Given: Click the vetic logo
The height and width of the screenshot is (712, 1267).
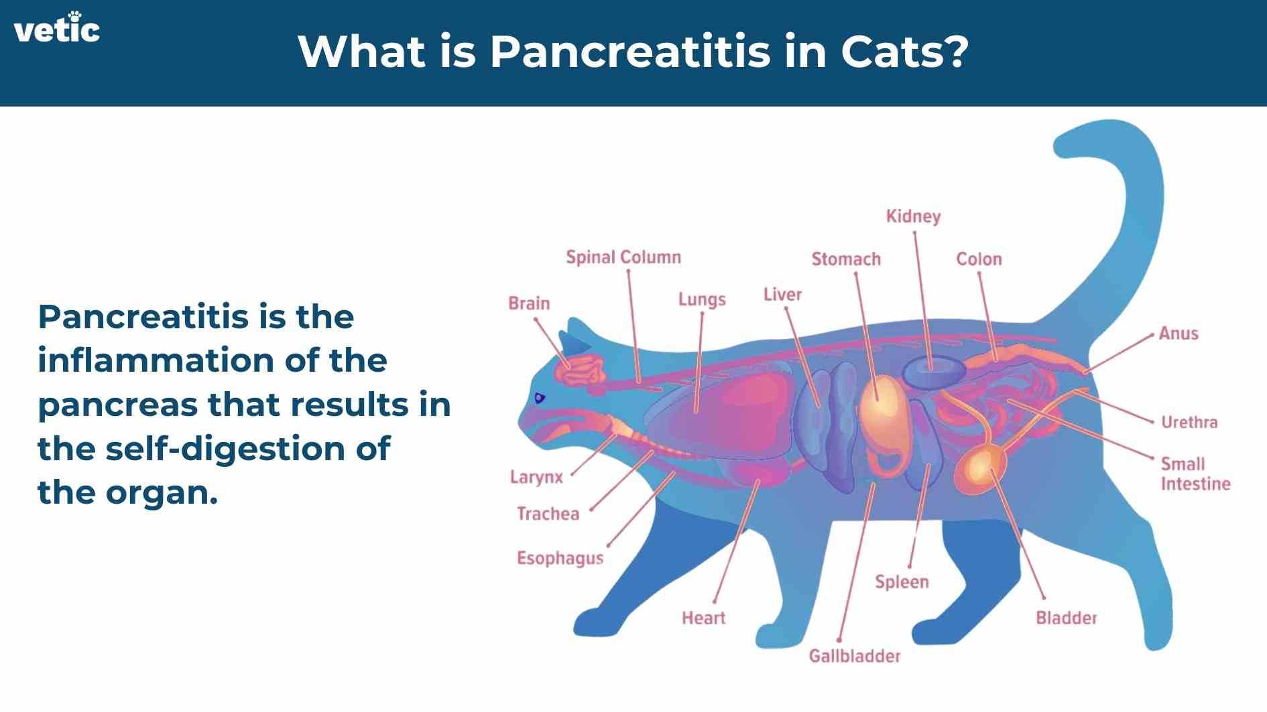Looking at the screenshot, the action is (x=57, y=28).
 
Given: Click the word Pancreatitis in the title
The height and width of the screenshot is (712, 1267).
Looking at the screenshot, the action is (x=630, y=52).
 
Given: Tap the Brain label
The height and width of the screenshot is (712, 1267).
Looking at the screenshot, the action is (x=529, y=303).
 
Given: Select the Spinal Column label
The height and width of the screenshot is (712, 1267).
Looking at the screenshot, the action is (x=623, y=258).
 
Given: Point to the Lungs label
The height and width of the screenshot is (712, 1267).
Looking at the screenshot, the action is (x=702, y=299).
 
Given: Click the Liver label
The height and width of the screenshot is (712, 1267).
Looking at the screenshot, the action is (x=782, y=295).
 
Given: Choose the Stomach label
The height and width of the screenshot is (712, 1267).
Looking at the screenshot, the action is (x=846, y=259).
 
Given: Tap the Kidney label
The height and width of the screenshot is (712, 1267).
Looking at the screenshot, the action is (x=913, y=217).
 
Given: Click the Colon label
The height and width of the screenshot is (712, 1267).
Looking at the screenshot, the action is (x=979, y=259).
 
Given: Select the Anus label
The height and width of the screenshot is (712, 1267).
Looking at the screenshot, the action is (x=1179, y=334).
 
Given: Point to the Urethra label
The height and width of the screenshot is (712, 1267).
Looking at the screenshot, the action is (x=1189, y=422).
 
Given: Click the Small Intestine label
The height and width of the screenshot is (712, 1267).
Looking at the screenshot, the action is (x=1195, y=474).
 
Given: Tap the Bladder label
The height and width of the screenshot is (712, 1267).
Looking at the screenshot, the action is (x=1066, y=618).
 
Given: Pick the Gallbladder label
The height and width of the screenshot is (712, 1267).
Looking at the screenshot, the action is (x=855, y=656).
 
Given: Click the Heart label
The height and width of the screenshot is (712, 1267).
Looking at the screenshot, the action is (x=703, y=618).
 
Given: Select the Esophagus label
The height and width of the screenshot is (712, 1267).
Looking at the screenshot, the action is (x=560, y=559).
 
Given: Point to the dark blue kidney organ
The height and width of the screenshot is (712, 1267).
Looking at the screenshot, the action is (x=934, y=372).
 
